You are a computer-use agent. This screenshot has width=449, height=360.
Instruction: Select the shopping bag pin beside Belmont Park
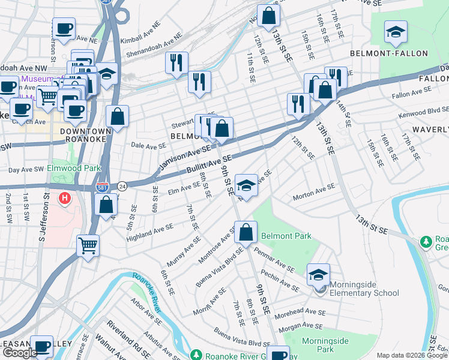click(x=246, y=232)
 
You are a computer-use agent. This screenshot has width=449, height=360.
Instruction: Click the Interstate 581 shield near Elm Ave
click(x=104, y=187)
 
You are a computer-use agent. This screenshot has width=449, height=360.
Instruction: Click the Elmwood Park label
click(x=75, y=169)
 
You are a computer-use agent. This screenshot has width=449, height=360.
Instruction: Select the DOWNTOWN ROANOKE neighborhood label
click(x=85, y=135)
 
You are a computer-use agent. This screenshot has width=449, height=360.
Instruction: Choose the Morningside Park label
click(x=325, y=345)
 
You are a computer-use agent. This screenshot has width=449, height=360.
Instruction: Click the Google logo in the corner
click(x=20, y=353)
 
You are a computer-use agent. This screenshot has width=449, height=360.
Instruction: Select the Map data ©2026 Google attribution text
click(x=412, y=355)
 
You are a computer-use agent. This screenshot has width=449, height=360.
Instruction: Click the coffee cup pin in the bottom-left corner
click(x=42, y=346)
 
